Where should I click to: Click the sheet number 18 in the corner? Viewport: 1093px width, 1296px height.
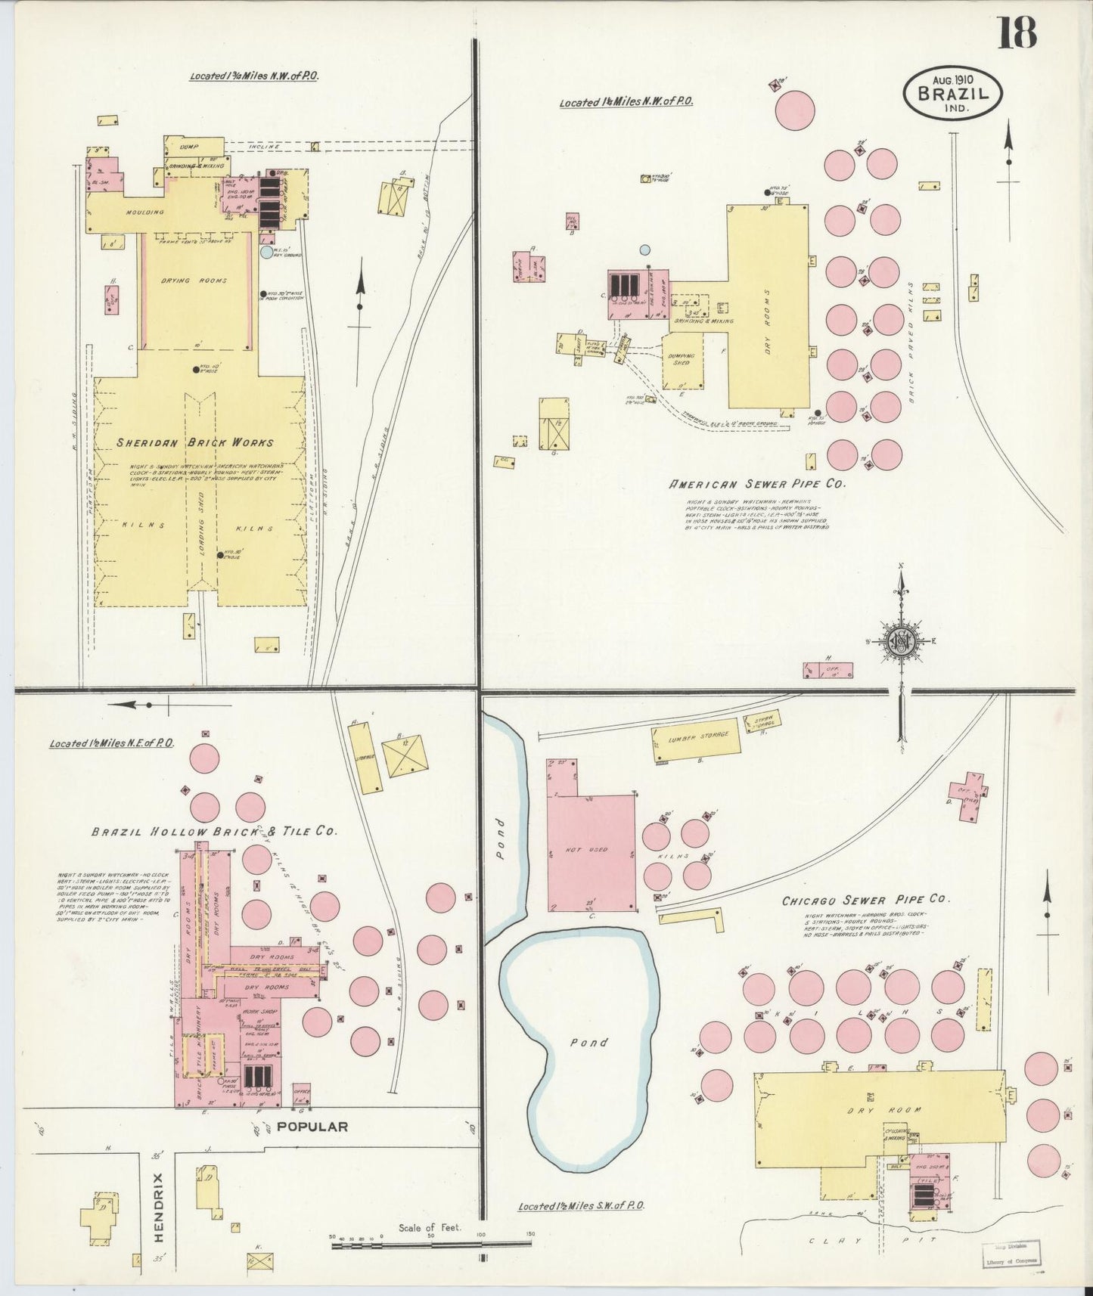coord(1016,32)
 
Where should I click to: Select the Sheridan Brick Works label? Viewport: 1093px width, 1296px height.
coord(194,442)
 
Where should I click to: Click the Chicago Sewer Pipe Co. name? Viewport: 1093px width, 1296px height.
coord(865,900)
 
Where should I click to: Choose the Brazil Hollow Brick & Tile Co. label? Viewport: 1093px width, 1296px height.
coord(214,831)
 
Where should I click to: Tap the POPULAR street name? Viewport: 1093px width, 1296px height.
coord(312,1126)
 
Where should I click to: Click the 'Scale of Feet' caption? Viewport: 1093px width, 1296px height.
coord(430,1227)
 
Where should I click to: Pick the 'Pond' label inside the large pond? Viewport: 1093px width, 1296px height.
coord(588,1042)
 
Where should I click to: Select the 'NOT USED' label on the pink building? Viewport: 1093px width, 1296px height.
coord(587,850)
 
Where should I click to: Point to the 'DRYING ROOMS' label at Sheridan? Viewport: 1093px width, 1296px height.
coord(194,281)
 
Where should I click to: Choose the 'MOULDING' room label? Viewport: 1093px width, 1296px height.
coord(144,212)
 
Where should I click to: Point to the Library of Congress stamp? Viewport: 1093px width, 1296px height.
coord(1011,1256)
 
